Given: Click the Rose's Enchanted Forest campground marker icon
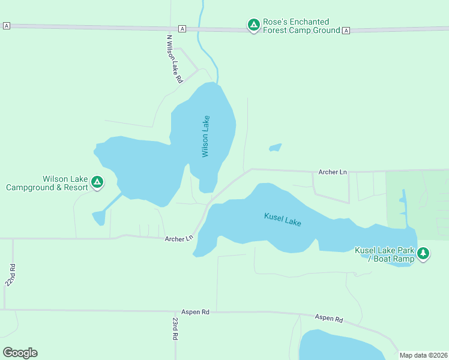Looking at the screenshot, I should (x=254, y=25).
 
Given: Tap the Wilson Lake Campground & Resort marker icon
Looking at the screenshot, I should (x=97, y=181).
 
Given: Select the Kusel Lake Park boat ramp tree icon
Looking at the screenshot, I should (x=423, y=253).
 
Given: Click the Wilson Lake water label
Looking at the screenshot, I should (x=206, y=136).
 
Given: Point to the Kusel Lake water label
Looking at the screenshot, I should (x=282, y=219).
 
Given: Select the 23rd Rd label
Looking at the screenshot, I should (x=175, y=328).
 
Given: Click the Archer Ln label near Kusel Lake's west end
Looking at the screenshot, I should (x=179, y=239).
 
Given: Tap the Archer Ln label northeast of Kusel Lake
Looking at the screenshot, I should (x=333, y=172).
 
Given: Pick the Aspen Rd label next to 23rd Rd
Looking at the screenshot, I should (x=195, y=312).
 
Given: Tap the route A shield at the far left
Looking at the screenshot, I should (x=7, y=25).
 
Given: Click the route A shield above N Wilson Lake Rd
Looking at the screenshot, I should (x=182, y=29).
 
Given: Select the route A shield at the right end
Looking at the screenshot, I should (x=346, y=31).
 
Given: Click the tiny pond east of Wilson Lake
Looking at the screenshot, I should (x=276, y=147).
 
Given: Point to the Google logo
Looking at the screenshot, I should (x=20, y=353).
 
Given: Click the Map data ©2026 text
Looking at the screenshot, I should (x=423, y=355).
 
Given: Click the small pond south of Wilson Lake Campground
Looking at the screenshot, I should (x=98, y=218).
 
